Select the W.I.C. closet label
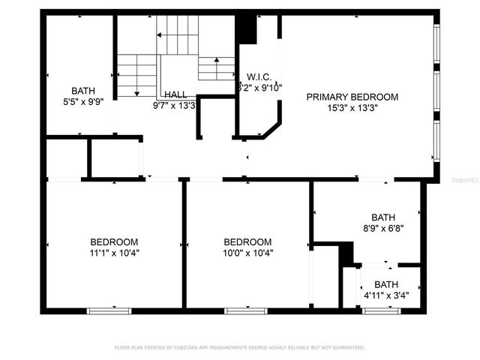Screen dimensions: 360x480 pyautogui.click(x=259, y=76)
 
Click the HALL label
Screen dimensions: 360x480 pyautogui.click(x=176, y=94)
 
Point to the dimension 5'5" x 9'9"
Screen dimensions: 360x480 pyautogui.click(x=84, y=100)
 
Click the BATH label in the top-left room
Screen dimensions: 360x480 pyautogui.click(x=84, y=90)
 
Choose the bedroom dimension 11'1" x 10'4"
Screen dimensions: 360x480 pyautogui.click(x=114, y=253)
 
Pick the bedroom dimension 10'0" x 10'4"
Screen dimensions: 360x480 pyautogui.click(x=247, y=253)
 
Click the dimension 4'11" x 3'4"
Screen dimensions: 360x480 pyautogui.click(x=386, y=295)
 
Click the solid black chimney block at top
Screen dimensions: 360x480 pyautogui.click(x=246, y=29)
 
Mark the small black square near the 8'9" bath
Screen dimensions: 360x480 pyautogui.click(x=346, y=256)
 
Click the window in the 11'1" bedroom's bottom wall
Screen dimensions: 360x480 pyautogui.click(x=109, y=310)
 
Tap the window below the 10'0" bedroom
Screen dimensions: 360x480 pyautogui.click(x=246, y=310)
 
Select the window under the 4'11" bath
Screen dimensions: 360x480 pyautogui.click(x=381, y=310)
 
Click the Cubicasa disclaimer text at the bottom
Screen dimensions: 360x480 pyautogui.click(x=239, y=348)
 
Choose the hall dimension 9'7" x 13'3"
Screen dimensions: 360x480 pyautogui.click(x=174, y=106)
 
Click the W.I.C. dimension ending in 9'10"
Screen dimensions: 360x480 pyautogui.click(x=259, y=87)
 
